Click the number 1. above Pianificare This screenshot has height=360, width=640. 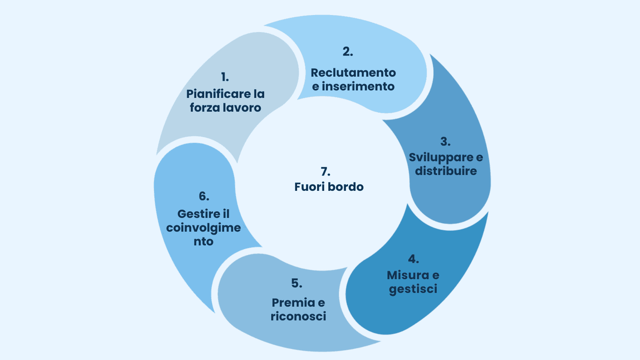225,77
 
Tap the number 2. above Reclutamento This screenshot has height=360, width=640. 348,52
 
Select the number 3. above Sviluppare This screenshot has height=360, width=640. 445,142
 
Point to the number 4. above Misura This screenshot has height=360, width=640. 413,259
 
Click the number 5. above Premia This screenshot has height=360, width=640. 297,283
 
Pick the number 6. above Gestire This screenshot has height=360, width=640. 204,196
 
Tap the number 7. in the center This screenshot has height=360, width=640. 325,172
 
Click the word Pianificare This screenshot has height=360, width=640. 218,94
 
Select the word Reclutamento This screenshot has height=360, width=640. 353,72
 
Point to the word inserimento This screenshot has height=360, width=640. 358,87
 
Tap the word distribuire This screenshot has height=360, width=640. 446,171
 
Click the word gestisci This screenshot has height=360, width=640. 413,289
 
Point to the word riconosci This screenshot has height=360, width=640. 298,316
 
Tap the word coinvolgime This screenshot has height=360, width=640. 203,228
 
